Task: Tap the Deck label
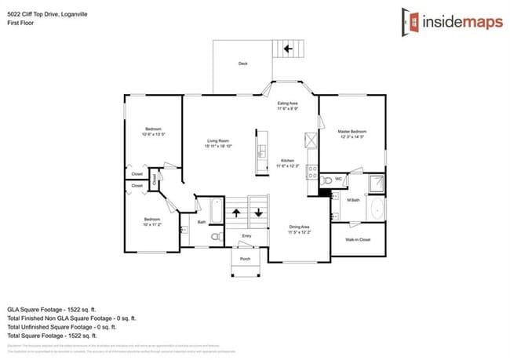(x=243, y=64)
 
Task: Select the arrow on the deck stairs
(x=288, y=48)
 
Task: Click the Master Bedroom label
(x=352, y=134)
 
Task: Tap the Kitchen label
(x=288, y=163)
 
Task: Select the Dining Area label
(x=300, y=229)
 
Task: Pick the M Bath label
(x=353, y=200)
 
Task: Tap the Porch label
(x=245, y=258)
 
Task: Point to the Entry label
(x=246, y=235)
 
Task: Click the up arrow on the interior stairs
(x=236, y=213)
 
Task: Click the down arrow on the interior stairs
(x=257, y=213)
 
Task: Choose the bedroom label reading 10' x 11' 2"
(x=152, y=222)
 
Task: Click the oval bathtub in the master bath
(x=377, y=209)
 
